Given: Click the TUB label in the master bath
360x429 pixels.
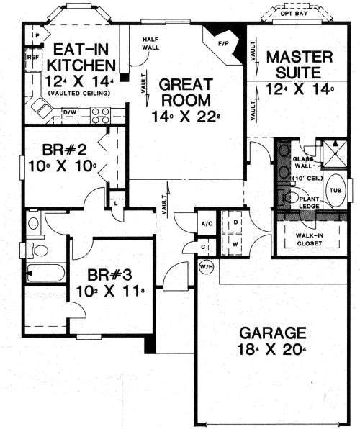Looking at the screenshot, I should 335,190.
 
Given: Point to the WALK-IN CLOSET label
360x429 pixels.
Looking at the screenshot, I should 310,238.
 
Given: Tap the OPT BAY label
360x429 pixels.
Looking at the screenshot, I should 294,13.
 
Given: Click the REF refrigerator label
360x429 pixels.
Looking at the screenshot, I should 32,55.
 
